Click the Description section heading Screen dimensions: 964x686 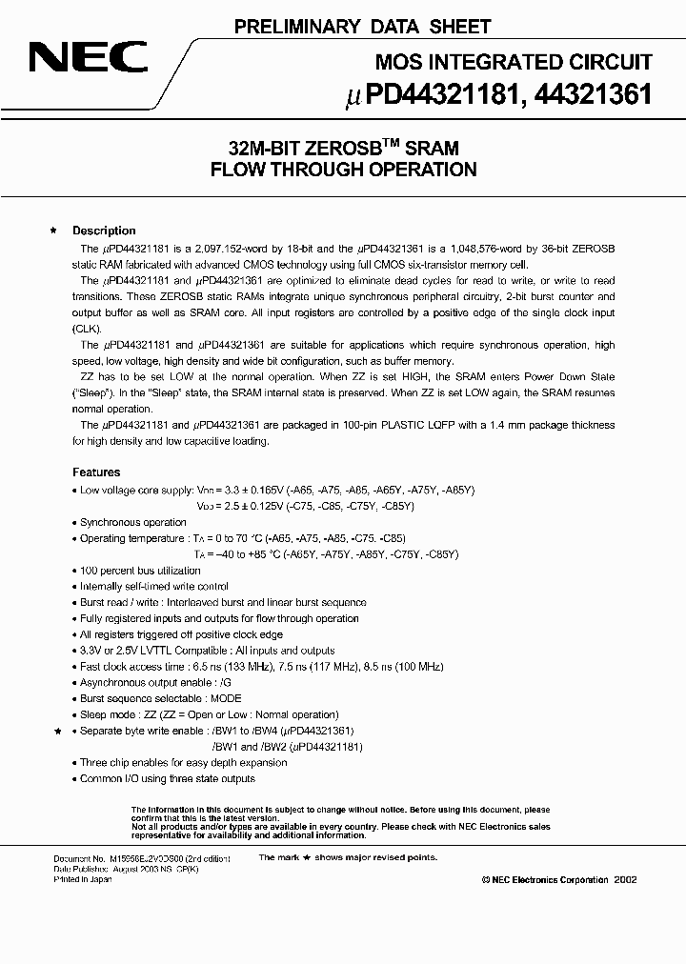pyautogui.click(x=104, y=231)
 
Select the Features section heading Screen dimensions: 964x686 pyautogui.click(x=96, y=472)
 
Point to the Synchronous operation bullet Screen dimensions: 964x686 pyautogui.click(x=132, y=522)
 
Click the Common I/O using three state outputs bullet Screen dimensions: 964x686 pyautogui.click(x=167, y=778)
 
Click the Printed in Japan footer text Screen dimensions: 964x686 pyautogui.click(x=82, y=879)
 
